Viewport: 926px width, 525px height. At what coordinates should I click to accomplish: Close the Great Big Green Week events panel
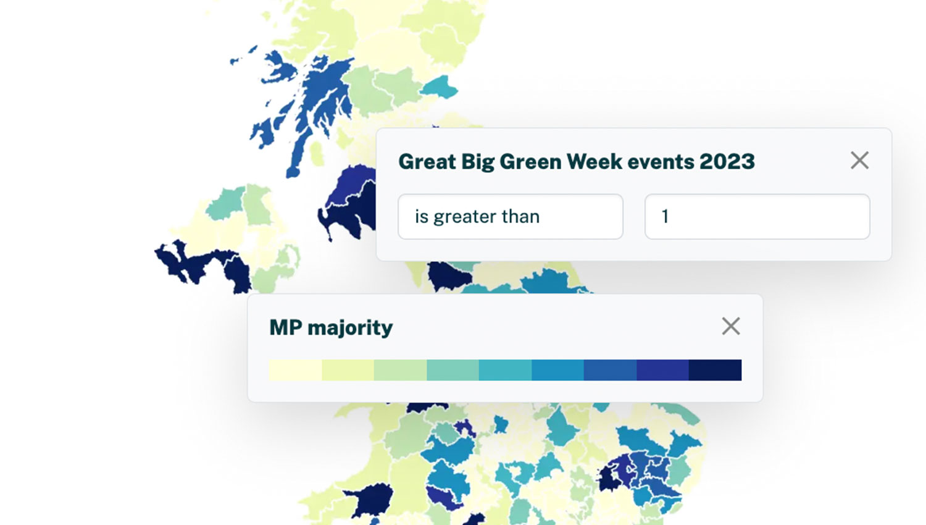coord(859,160)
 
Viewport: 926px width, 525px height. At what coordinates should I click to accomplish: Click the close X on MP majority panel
coord(730,326)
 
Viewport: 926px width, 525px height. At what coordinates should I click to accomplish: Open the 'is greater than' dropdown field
coord(511,216)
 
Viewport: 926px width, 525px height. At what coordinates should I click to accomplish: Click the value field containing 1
coord(757,216)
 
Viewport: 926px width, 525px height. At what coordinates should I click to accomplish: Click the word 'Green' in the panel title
coord(531,162)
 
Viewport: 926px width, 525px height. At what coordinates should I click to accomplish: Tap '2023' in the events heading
coord(727,161)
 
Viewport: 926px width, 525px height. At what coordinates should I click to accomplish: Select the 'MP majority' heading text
coord(331,328)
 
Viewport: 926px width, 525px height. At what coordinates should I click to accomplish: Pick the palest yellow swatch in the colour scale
coord(295,370)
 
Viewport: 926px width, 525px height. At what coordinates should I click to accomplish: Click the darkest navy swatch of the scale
coord(715,370)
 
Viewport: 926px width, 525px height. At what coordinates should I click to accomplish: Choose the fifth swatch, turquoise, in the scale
coord(505,370)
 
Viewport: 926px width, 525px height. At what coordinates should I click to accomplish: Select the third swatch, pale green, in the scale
coord(400,370)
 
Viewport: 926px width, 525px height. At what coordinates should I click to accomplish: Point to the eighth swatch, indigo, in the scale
coord(662,370)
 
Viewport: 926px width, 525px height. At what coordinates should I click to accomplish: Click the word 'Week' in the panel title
coord(594,161)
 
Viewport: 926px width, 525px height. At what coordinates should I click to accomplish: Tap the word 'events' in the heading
coord(661,162)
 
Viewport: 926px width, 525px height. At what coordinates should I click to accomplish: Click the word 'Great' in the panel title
coord(427,161)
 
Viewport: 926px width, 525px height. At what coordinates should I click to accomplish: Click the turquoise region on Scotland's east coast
coord(440,87)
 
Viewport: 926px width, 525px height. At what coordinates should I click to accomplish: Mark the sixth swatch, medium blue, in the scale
coord(557,370)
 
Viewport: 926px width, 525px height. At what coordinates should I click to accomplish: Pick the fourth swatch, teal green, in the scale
coord(453,370)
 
